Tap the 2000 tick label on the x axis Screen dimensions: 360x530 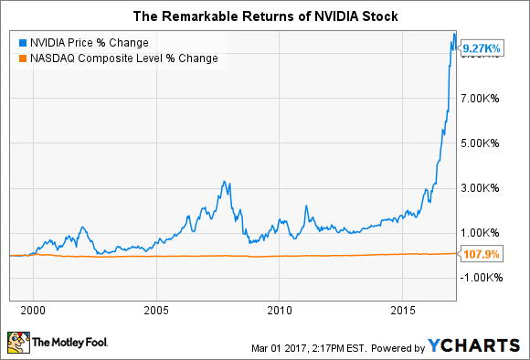coord(33,309)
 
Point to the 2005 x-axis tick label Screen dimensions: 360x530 coord(156,309)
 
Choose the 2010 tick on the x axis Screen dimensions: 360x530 coord(280,309)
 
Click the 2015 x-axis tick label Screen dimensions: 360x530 coord(403,309)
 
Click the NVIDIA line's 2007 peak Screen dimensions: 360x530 coord(225,182)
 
